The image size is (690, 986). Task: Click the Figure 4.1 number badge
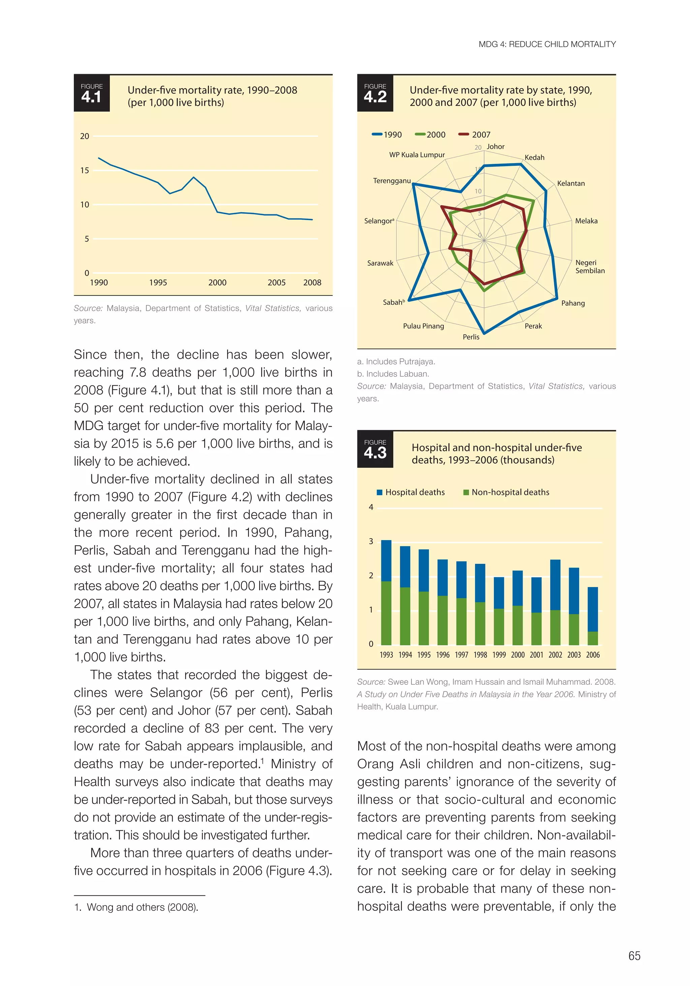point(91,93)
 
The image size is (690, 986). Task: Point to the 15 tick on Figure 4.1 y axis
point(85,171)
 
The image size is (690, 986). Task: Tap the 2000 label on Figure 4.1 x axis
point(217,283)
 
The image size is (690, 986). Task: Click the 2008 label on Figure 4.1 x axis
point(312,283)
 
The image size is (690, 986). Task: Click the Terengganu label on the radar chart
point(391,181)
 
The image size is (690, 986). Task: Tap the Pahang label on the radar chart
point(573,303)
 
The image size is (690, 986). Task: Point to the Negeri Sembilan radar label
point(590,267)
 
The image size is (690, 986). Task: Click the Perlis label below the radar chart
point(471,337)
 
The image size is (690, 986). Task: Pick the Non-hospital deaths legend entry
point(506,492)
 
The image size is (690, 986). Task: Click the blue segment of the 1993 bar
point(386,560)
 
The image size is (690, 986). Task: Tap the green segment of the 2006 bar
point(593,638)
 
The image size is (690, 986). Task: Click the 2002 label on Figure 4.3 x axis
point(555,655)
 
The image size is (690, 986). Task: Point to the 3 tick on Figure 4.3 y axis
point(371,542)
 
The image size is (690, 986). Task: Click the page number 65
point(634,956)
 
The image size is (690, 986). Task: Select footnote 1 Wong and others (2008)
point(136,907)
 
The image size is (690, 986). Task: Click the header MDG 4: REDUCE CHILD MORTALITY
point(547,44)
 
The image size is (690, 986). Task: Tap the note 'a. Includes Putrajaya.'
point(396,362)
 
